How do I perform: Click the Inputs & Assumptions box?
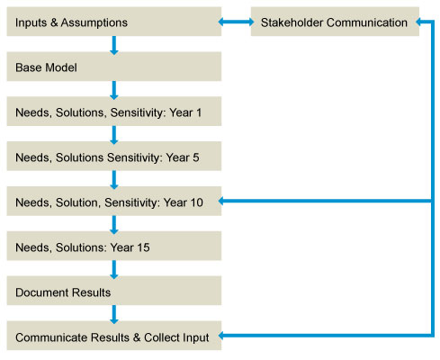[x=114, y=22]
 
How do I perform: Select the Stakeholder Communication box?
[x=335, y=22]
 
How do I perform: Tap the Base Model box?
[x=114, y=67]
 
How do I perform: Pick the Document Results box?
[x=114, y=291]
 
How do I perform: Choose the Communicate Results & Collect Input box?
[x=114, y=336]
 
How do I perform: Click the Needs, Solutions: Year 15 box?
[x=114, y=246]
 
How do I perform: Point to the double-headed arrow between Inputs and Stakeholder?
[x=236, y=22]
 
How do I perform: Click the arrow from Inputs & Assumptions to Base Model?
[x=114, y=45]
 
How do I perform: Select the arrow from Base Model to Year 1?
[x=114, y=90]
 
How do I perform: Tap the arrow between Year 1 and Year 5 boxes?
[x=114, y=135]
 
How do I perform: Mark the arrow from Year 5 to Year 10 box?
[x=114, y=180]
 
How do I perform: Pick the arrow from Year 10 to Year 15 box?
[x=114, y=225]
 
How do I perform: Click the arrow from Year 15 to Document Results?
[x=114, y=269]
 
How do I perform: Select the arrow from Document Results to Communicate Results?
[x=114, y=314]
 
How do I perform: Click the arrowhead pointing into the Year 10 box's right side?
[x=221, y=201]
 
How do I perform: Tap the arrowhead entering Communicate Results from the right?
[x=221, y=336]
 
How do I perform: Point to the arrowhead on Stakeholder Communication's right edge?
[x=418, y=22]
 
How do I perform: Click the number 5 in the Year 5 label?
[x=196, y=157]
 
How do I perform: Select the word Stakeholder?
[x=292, y=22]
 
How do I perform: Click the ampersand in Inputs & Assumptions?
[x=54, y=22]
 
